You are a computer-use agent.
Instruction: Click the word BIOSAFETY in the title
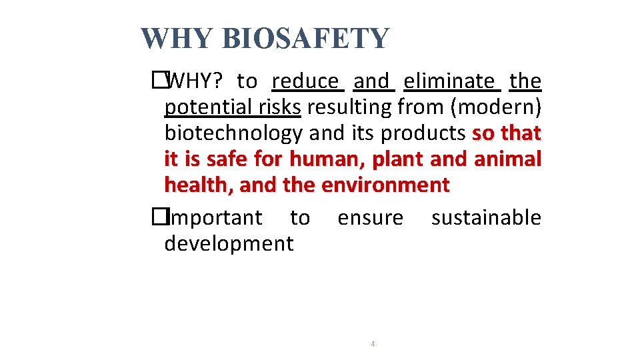(305, 39)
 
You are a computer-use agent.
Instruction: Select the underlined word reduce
(306, 81)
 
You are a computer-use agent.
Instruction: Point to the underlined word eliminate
(450, 81)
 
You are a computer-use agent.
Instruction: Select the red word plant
(399, 159)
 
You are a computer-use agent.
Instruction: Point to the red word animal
(507, 159)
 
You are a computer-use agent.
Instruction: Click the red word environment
(385, 185)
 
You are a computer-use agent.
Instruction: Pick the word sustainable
(486, 217)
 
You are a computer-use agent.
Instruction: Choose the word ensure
(370, 217)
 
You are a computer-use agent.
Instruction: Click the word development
(229, 243)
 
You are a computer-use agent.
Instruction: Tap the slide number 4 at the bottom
(373, 344)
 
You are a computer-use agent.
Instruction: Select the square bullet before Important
(158, 217)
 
